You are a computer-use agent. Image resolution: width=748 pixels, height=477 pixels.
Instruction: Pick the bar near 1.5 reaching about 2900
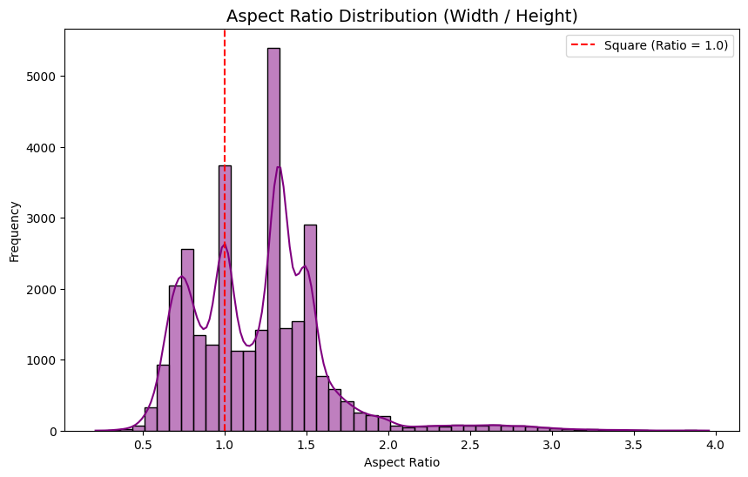pos(310,327)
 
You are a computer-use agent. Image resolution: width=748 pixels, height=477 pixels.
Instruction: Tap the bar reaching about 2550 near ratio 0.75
pos(187,339)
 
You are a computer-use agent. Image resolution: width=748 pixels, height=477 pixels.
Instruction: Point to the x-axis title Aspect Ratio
pos(401,462)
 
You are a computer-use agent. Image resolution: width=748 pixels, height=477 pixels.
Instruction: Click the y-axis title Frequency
pos(15,231)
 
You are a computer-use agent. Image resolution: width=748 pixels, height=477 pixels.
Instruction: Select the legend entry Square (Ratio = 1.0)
pos(665,45)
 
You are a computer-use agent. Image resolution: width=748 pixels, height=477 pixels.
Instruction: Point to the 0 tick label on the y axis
pos(52,431)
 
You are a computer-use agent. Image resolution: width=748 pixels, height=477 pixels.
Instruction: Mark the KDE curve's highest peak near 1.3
pos(278,167)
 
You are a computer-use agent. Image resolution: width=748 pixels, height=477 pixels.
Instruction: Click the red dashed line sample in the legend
pos(584,45)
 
